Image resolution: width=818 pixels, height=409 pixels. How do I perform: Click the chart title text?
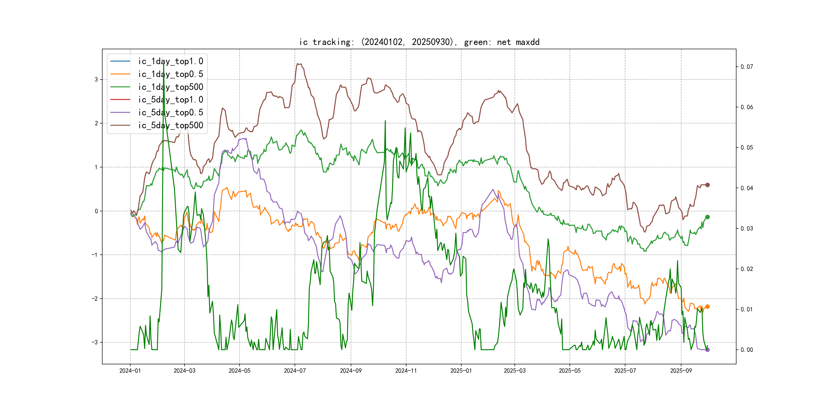pos(419,42)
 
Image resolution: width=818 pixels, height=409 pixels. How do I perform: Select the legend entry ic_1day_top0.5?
pos(170,74)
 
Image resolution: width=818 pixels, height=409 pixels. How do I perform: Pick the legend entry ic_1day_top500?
pos(170,87)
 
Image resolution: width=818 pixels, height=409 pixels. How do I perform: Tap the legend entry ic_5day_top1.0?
pos(170,99)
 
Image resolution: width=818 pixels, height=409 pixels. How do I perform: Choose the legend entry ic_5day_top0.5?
pos(170,112)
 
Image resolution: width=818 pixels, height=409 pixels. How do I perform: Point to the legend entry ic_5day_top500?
pos(170,125)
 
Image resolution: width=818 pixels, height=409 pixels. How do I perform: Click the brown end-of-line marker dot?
pos(707,185)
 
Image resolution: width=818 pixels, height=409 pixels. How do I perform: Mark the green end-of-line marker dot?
pos(707,217)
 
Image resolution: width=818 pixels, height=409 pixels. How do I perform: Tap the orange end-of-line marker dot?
pos(707,306)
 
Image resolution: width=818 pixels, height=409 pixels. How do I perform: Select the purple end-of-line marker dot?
pos(707,350)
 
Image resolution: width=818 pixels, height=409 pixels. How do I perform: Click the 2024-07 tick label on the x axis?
pos(295,371)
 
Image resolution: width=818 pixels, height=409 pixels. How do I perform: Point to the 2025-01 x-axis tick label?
pos(461,371)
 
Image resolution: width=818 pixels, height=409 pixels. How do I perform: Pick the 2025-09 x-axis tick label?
pos(681,371)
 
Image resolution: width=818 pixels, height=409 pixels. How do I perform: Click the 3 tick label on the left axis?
pos(96,79)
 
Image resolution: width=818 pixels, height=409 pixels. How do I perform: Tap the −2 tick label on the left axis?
pos(95,298)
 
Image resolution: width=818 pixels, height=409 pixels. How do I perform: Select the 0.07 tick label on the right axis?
pos(747,67)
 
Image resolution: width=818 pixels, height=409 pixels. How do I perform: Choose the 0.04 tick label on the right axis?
pos(747,188)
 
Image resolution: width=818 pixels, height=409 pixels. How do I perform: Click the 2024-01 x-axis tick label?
pos(130,371)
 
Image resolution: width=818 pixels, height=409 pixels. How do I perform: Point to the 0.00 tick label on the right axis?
pos(747,350)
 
